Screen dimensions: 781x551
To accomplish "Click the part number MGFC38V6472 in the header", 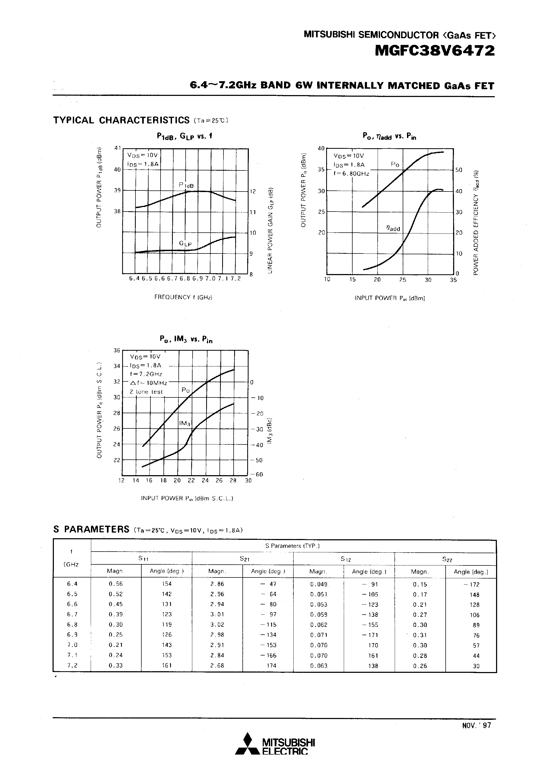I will point(434,51).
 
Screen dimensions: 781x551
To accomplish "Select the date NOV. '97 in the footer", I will point(476,725).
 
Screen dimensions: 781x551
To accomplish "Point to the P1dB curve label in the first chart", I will point(186,185).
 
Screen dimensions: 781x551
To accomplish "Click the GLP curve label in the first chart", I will point(185,244).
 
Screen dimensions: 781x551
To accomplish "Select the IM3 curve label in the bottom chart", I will point(185,423).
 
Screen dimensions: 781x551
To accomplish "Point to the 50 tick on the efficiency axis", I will point(459,170).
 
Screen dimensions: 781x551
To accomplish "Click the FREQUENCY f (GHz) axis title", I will point(183,297).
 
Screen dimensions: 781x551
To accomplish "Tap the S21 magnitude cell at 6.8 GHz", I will point(217,624).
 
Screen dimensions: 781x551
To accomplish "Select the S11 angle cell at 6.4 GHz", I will point(167,584).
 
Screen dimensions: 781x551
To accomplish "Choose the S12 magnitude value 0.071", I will point(319,635).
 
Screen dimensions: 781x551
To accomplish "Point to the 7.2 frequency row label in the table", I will point(72,665).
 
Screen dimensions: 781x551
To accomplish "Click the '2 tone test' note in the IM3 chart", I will point(146,392).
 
